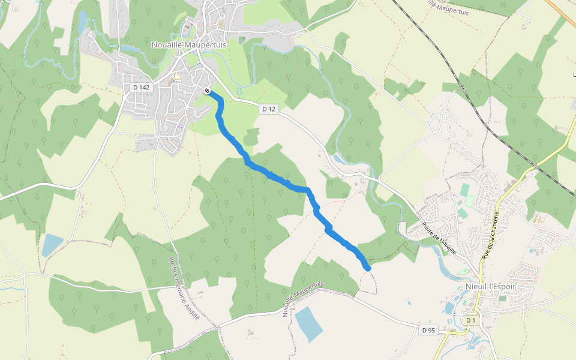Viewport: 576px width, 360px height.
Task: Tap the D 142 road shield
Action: pos(141,87)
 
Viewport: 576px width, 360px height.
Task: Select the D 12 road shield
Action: pos(269,109)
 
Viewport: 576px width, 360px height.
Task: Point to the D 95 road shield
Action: pos(428,330)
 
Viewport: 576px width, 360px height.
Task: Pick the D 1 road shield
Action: pos(470,320)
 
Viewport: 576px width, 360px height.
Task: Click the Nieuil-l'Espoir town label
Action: pos(490,286)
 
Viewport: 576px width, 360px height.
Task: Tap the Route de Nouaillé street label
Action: pos(439,238)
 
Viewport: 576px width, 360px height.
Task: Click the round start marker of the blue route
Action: pos(207,91)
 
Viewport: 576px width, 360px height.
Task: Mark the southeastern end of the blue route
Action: pos(367,268)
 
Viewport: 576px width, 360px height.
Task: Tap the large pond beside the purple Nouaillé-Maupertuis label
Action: pos(309,324)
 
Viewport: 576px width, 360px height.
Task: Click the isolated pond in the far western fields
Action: pos(52,245)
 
